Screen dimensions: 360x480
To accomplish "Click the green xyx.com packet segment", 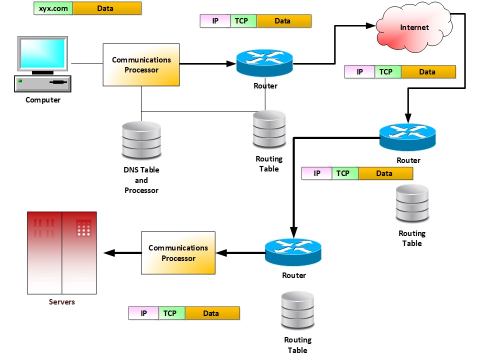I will pos(53,8).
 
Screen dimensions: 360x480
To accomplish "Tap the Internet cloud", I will pos(414,28).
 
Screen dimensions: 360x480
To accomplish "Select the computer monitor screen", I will pos(42,53).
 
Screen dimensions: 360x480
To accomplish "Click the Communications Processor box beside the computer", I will pos(141,65).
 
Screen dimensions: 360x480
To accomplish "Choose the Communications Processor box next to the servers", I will pos(178,253).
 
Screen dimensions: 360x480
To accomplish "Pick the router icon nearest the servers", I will pos(293,252).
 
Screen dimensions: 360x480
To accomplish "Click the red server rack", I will pos(62,252).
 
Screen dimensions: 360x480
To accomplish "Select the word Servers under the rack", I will pos(62,302).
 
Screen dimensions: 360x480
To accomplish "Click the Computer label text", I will pos(43,100).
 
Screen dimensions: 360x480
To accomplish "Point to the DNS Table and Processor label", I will pos(141,180).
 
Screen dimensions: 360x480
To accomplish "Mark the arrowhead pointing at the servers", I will pos(109,253).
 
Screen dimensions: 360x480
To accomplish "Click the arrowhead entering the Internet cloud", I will pos(370,24).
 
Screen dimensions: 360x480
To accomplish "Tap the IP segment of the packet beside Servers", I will pos(144,313).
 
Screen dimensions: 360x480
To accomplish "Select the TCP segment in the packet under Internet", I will pos(386,72).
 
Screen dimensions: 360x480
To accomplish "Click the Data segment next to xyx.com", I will pos(107,8).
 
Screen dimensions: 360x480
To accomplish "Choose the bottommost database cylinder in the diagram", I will pos(297,310).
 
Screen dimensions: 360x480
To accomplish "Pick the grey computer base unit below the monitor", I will pos(42,83).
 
